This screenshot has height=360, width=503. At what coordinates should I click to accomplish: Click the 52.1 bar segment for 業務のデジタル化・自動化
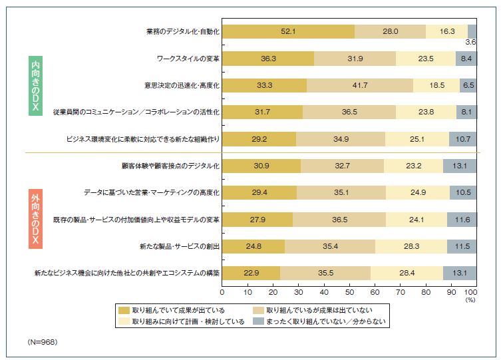coord(287,31)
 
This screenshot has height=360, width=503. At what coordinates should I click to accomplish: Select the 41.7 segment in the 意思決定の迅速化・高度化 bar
coord(359,85)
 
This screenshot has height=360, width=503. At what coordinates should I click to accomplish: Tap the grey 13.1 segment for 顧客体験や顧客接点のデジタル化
coord(460,166)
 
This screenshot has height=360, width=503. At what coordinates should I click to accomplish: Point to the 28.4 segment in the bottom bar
coord(407,273)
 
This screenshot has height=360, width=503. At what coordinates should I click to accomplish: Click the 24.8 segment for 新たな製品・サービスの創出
coord(253,246)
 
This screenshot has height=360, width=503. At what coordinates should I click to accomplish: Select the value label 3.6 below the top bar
coord(471,42)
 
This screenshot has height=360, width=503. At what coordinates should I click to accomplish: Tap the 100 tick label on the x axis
coord(470,291)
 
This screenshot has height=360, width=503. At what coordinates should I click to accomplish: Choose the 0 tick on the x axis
coord(222,291)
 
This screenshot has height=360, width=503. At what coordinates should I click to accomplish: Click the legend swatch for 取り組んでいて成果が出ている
coord(124,310)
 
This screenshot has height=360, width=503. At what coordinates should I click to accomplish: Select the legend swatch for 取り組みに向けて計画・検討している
coord(124,322)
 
